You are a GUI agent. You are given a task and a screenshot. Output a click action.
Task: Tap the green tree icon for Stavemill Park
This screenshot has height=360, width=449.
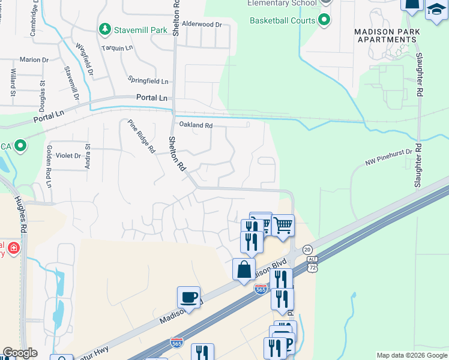[x=105, y=28]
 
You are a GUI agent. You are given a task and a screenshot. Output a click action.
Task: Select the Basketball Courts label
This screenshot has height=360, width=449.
[x=283, y=20]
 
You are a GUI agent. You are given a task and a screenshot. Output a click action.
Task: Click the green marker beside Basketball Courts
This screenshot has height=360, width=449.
[x=325, y=20]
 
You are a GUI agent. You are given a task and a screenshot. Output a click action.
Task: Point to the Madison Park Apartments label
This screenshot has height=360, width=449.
[x=385, y=35]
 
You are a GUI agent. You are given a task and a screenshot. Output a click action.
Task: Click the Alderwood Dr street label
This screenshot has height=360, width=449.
[x=202, y=25]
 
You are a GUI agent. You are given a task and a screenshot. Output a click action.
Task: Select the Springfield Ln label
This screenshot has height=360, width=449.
[x=148, y=80]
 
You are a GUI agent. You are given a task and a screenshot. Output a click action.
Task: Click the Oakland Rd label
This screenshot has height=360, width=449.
[x=196, y=125]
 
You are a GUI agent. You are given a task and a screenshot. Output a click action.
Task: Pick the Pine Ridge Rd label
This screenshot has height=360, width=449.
[x=142, y=136]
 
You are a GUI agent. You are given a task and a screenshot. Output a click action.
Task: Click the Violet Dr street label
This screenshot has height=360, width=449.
[x=68, y=155]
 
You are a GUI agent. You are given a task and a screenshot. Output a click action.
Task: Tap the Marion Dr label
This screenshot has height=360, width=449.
[x=34, y=60]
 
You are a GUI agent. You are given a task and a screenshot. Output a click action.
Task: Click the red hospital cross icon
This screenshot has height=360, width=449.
[x=13, y=248]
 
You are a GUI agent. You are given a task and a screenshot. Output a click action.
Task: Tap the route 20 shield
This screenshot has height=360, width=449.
[x=307, y=249]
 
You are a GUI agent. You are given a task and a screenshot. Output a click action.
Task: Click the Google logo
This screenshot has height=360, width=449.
[x=20, y=353]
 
